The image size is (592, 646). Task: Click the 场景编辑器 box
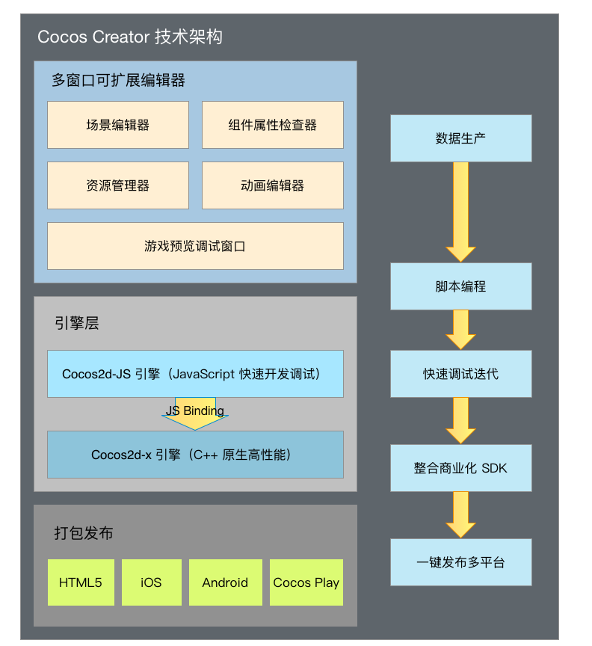[118, 125]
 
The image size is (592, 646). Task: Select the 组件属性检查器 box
[273, 125]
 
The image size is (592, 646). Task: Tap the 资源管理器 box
[118, 185]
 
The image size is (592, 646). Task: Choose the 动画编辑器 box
[273, 185]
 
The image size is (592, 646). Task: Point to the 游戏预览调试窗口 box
[195, 246]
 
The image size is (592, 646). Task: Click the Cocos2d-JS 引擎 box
[195, 374]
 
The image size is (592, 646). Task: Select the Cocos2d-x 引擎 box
[195, 455]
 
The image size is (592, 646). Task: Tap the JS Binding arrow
[195, 413]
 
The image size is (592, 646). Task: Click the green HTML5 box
[81, 582]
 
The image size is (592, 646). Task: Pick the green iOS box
[151, 582]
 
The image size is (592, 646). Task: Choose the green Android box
[225, 582]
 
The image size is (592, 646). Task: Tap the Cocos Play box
[306, 582]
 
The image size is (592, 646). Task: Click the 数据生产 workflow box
[460, 138]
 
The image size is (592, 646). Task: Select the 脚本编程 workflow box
[460, 286]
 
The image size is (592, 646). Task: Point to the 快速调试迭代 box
[460, 374]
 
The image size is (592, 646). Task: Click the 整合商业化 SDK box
[460, 468]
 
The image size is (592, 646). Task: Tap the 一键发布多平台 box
[460, 562]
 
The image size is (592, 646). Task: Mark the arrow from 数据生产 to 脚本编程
[460, 212]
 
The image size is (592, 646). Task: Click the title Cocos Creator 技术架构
[130, 37]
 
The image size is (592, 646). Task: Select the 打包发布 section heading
[84, 533]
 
